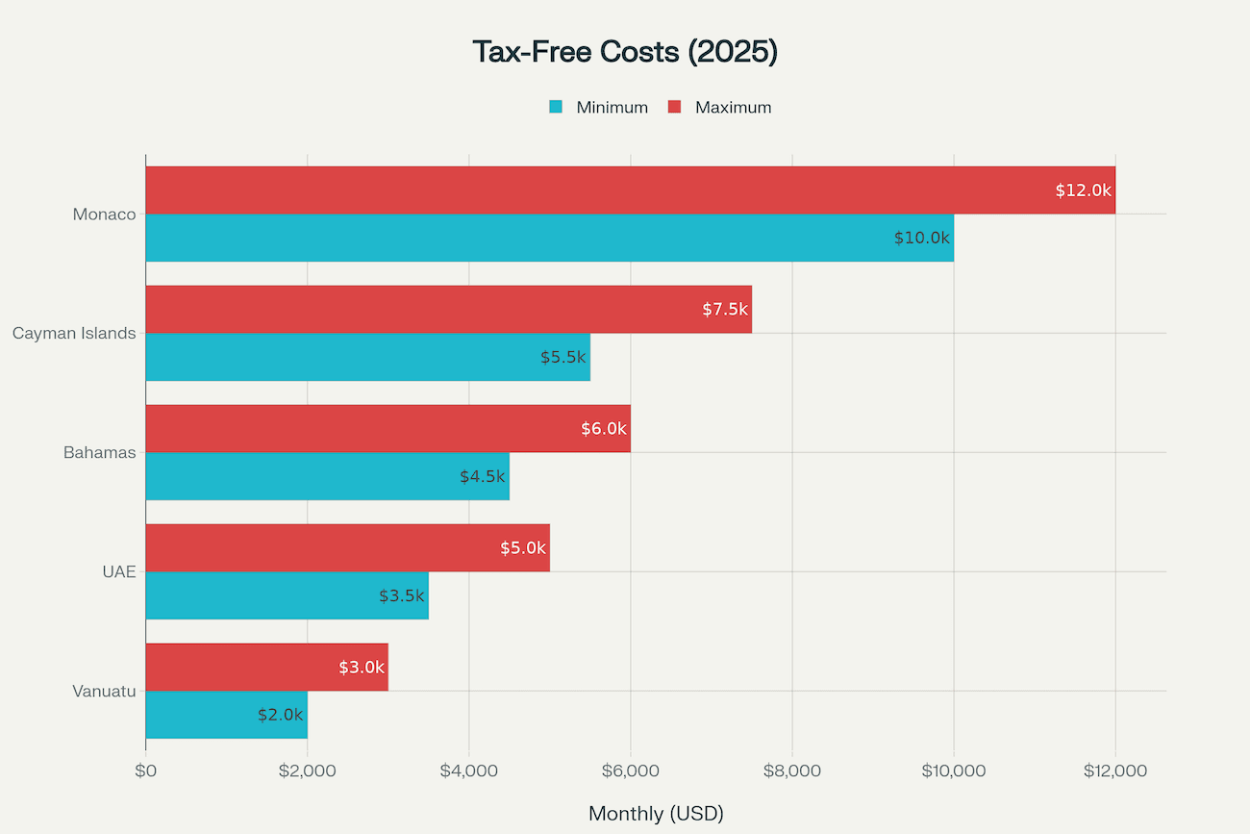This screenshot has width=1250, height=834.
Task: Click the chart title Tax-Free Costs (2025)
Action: [x=625, y=52]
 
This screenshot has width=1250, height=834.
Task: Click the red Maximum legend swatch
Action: [x=675, y=107]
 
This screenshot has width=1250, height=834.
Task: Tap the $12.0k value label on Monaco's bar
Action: [x=1083, y=190]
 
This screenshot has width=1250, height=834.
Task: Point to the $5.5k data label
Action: [x=562, y=357]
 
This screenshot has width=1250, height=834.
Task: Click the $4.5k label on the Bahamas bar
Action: [x=482, y=476]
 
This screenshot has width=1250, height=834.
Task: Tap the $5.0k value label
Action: [x=522, y=548]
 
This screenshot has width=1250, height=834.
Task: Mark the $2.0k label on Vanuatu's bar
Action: [x=280, y=715]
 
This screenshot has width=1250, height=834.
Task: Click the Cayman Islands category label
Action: [x=74, y=334]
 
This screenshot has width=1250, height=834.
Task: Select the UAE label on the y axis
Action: [x=119, y=572]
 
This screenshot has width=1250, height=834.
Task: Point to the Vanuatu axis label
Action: [x=104, y=692]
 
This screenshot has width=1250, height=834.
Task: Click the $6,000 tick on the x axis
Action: [x=630, y=771]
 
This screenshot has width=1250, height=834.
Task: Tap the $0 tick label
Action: [x=146, y=771]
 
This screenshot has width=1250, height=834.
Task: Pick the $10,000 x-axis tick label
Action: [x=953, y=771]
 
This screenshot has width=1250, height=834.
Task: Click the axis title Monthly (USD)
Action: [x=656, y=814]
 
